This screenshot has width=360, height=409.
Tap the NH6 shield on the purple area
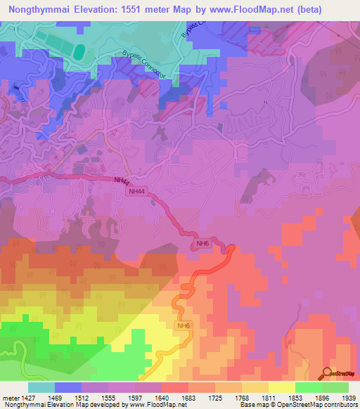(202, 243)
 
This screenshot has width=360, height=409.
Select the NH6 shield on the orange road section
(184, 325)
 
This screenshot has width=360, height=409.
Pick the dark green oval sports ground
(80, 52)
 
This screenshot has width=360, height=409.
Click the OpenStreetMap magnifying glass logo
(326, 374)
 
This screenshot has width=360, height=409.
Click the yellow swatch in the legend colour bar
(281, 387)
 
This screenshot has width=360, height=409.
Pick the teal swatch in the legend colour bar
(41, 387)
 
